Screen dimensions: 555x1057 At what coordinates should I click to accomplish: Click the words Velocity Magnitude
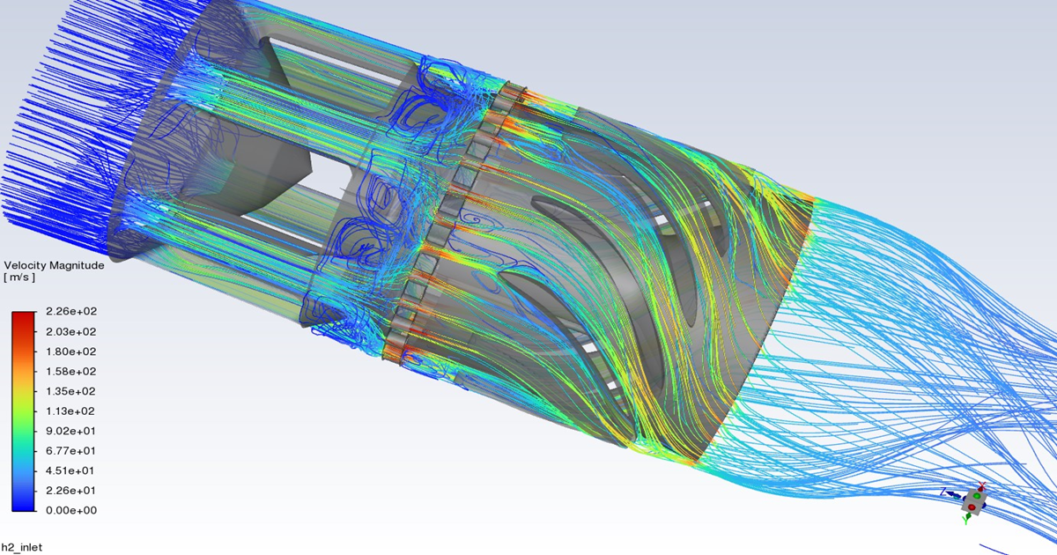[x=54, y=265]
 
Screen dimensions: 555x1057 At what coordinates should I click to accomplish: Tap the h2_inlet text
[x=21, y=547]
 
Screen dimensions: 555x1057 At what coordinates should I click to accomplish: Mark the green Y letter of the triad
[x=965, y=520]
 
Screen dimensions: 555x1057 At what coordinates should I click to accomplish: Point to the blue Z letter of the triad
[x=942, y=492]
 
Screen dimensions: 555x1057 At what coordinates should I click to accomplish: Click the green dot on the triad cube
[x=977, y=496]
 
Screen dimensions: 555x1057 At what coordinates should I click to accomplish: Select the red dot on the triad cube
[x=972, y=507]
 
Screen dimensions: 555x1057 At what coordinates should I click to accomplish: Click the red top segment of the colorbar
[x=23, y=317]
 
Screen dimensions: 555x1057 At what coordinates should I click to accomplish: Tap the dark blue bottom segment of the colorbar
[x=23, y=504]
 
